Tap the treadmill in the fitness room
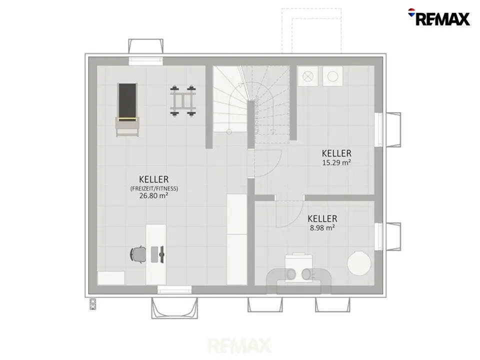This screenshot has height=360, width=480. [x=127, y=109]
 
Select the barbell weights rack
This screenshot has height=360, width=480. [x=183, y=101]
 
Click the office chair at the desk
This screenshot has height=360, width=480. [x=138, y=254]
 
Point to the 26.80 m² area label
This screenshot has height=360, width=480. [x=153, y=195]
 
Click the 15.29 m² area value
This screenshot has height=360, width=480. [x=336, y=162]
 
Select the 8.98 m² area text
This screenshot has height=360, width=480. [x=322, y=228]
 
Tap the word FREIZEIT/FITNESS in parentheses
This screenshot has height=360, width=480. [x=154, y=188]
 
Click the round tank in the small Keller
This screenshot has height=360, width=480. [x=359, y=262]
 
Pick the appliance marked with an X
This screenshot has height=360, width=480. [x=308, y=76]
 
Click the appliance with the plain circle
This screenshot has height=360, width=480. [x=333, y=76]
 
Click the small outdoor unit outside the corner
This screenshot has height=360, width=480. [x=93, y=304]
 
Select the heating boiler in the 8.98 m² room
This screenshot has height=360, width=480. [x=299, y=271]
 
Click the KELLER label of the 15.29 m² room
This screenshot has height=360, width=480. [x=336, y=153]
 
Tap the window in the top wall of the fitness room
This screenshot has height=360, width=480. [x=145, y=61]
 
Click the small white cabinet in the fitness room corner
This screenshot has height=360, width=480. [x=111, y=278]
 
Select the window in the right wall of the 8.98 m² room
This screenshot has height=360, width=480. [x=378, y=236]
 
